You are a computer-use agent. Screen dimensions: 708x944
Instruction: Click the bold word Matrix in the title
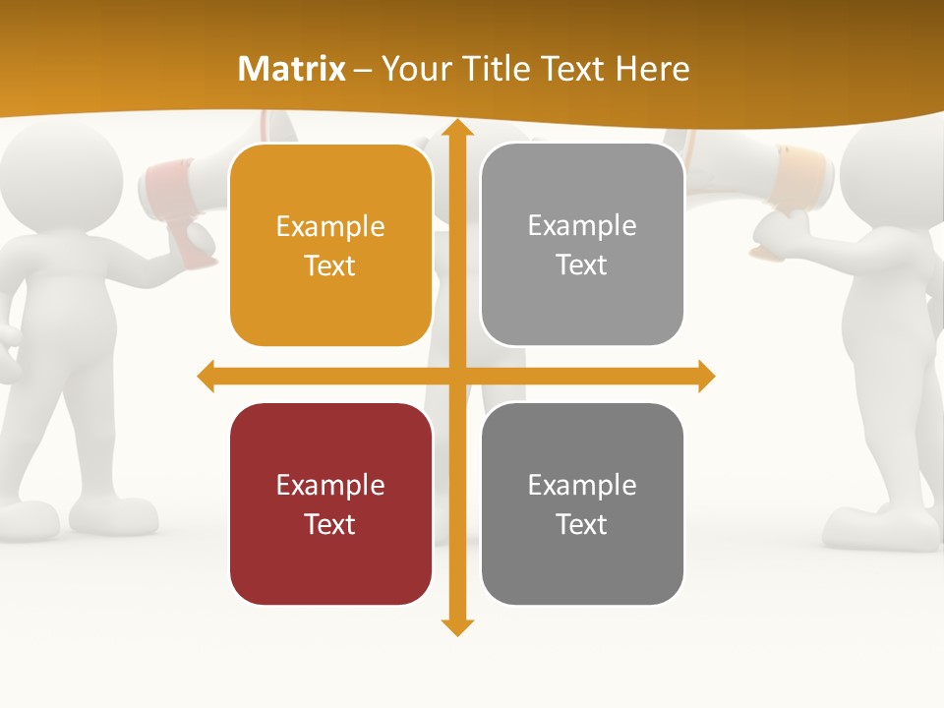point(292,69)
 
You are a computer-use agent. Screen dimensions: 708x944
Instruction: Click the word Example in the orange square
point(330,227)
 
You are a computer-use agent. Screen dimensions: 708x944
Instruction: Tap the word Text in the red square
point(330,524)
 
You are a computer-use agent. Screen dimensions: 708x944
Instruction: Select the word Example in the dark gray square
point(582,485)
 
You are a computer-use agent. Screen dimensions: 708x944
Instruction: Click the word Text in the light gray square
point(582,265)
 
